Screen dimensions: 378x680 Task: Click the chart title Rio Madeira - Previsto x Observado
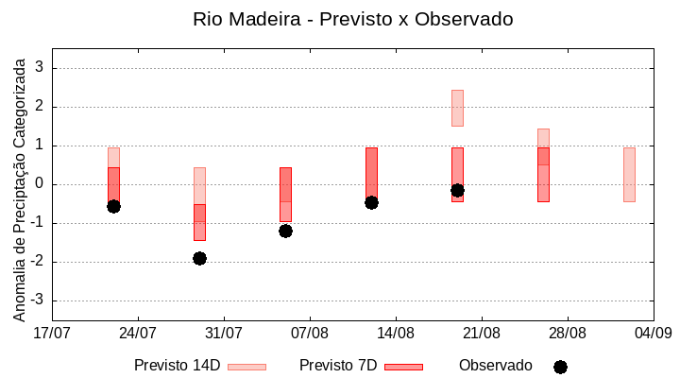tap(352, 19)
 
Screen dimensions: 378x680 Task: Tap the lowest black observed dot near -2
tap(199, 258)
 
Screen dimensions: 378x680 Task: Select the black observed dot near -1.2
tap(285, 231)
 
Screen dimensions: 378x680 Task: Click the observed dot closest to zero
tap(457, 190)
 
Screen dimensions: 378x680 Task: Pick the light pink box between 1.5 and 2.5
tap(457, 108)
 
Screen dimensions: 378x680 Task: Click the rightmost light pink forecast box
tap(629, 175)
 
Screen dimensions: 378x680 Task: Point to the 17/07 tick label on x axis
tap(52, 333)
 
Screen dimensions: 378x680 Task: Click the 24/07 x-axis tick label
tap(138, 333)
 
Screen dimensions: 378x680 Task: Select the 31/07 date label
tap(224, 333)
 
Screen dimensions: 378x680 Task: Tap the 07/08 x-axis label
tap(310, 333)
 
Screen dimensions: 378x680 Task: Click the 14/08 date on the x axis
tap(396, 333)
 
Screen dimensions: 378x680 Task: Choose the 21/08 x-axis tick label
tap(482, 333)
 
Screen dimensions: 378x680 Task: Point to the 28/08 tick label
tap(568, 333)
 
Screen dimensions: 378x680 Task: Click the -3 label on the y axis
tap(38, 301)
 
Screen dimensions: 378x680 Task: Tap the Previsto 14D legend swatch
tap(246, 367)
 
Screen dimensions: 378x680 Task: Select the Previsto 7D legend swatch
tap(403, 367)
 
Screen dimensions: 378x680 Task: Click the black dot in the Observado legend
tap(560, 367)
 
